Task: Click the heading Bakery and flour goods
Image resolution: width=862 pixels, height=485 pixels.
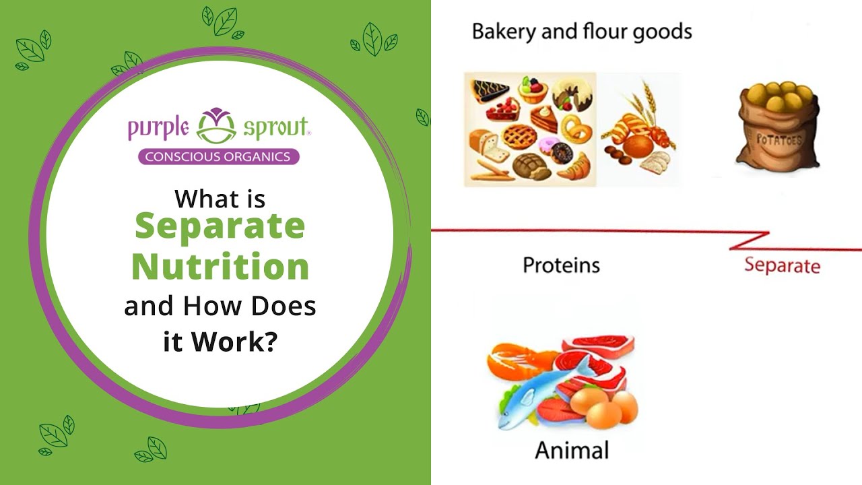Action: pyautogui.click(x=582, y=31)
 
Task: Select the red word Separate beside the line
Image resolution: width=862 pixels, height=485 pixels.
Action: pyautogui.click(x=782, y=265)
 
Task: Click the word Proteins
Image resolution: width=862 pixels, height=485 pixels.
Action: pyautogui.click(x=561, y=265)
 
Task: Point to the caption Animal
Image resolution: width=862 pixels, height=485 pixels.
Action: pyautogui.click(x=571, y=450)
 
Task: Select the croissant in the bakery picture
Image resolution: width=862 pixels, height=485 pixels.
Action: pyautogui.click(x=573, y=165)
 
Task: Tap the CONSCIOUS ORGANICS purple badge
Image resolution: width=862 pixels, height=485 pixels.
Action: pyautogui.click(x=218, y=157)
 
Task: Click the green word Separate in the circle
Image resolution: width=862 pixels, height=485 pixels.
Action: pyautogui.click(x=220, y=226)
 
